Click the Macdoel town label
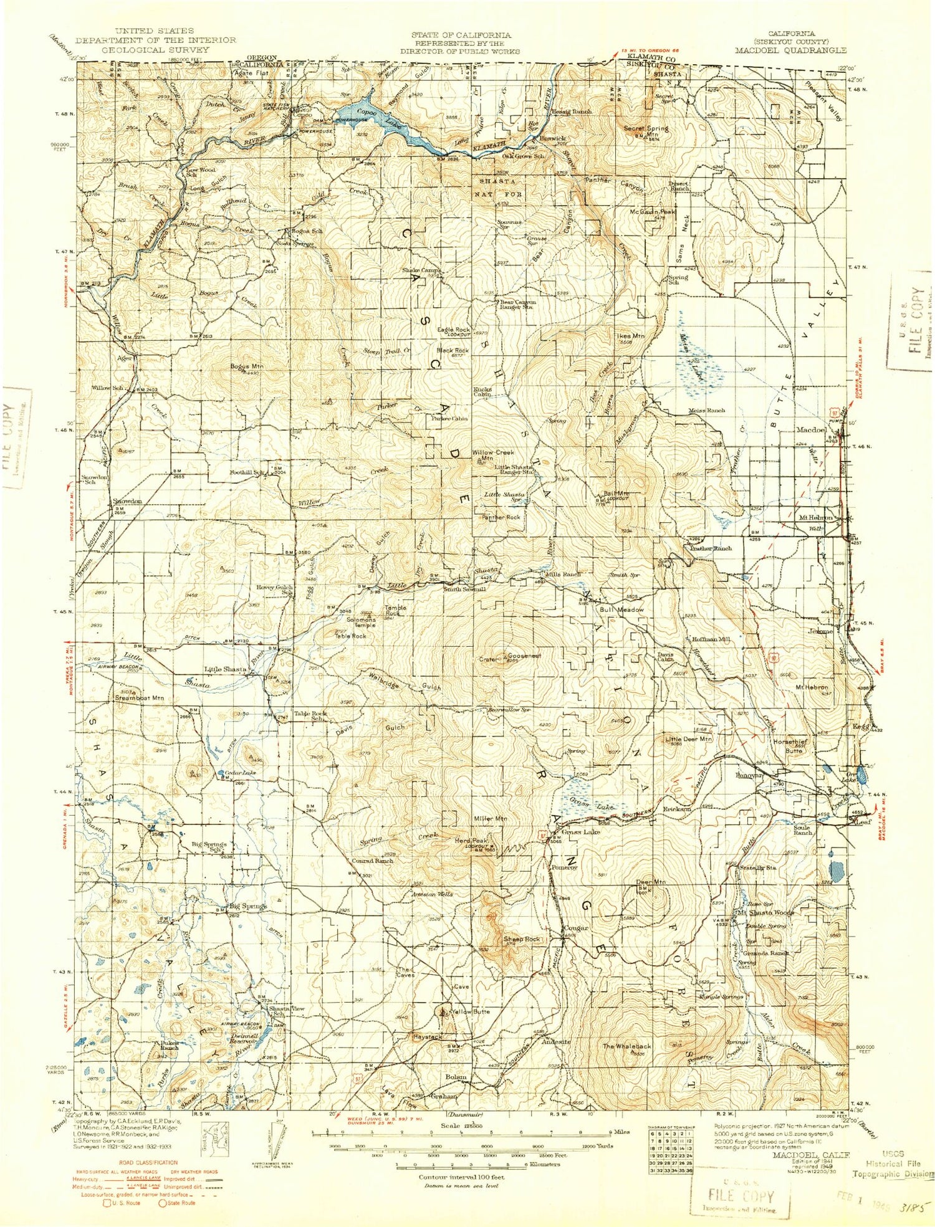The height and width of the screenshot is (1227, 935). [811, 430]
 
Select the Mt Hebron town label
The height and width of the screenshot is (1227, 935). [816, 517]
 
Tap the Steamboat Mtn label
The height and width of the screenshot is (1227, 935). [140, 698]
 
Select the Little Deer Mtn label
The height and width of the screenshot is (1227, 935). [688, 738]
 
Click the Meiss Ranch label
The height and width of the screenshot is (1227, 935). [707, 411]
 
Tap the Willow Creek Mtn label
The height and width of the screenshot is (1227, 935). [493, 455]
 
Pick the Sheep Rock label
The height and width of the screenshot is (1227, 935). [522, 938]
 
